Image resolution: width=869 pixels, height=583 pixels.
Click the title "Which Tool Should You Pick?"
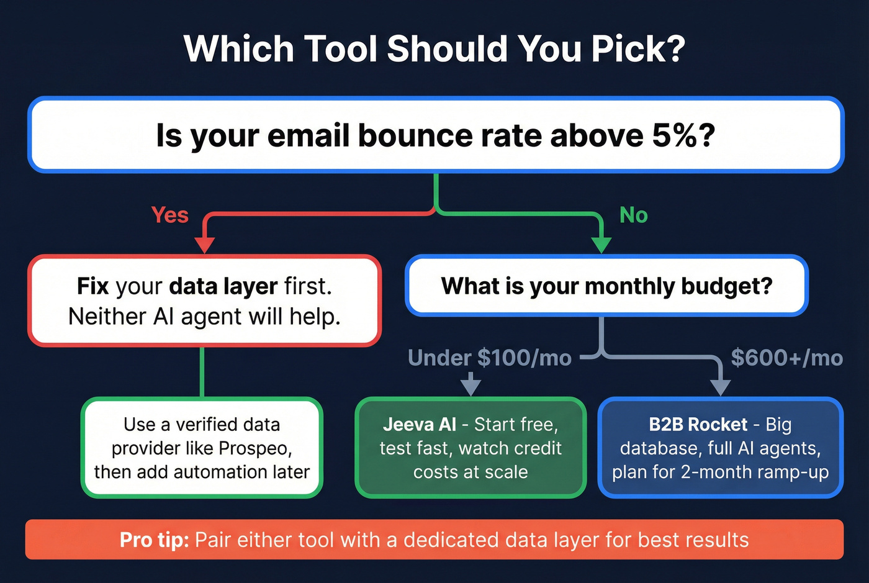(434, 48)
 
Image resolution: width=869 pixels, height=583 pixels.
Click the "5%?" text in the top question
(683, 135)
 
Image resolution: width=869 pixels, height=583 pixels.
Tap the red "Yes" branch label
(169, 215)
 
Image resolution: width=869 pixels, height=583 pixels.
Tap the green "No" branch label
(633, 215)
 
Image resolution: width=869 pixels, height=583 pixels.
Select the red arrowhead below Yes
(204, 245)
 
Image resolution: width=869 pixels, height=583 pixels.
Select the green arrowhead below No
(601, 245)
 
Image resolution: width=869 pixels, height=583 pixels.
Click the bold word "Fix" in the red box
(93, 286)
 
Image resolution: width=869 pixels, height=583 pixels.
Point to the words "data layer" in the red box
(223, 286)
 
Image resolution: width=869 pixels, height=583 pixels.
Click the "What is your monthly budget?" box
(606, 286)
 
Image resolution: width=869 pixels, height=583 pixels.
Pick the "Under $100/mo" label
(489, 358)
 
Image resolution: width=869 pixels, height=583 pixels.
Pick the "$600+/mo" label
(786, 358)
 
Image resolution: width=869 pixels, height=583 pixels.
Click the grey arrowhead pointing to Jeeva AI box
(471, 386)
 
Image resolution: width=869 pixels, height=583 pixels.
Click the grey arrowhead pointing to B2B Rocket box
(720, 387)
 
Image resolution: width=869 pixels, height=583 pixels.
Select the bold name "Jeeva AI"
(420, 424)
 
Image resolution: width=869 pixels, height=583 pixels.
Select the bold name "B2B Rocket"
(698, 424)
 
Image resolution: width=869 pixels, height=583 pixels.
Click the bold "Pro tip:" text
(154, 540)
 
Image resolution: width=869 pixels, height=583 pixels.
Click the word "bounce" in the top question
(407, 135)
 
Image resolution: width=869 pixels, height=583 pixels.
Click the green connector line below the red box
(202, 371)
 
